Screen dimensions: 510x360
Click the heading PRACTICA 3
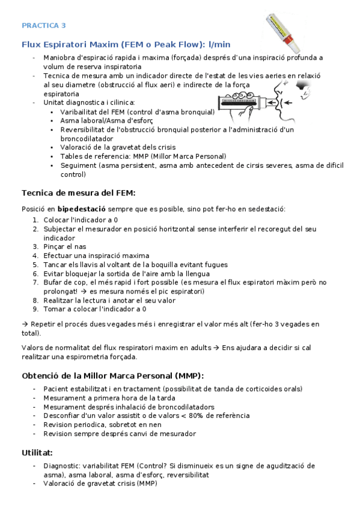[x=44, y=25]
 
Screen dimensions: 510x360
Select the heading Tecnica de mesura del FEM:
[x=78, y=193]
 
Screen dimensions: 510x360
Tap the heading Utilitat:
[x=38, y=452]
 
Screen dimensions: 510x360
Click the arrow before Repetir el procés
[x=25, y=324]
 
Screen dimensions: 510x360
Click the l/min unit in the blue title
[x=219, y=45]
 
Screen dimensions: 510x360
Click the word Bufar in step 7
[x=53, y=282]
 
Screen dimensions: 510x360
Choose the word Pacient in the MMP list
[x=56, y=389]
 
